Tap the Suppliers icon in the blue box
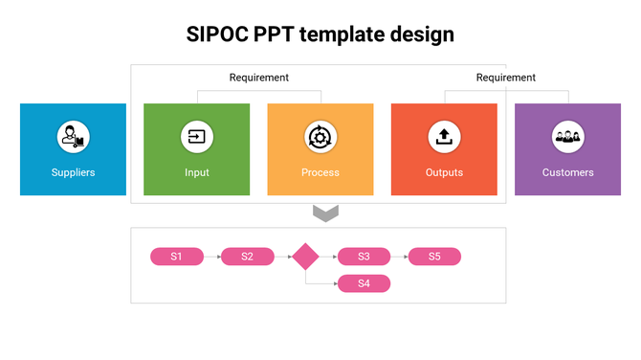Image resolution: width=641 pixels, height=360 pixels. coord(73,137)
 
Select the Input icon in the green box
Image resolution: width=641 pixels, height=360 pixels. coord(196,137)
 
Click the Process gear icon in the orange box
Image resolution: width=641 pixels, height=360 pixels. coord(320,137)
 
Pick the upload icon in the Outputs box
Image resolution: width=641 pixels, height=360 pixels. coord(443,137)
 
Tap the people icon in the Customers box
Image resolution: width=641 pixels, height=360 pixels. coord(567,137)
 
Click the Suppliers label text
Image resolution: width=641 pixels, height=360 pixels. coord(73,173)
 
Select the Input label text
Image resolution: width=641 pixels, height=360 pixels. coord(196,173)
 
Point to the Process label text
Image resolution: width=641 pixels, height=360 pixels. coord(320,173)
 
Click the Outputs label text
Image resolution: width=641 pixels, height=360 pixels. coord(444,173)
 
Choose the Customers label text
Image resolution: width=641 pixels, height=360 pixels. coord(567,173)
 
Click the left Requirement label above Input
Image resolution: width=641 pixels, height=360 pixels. coord(258,78)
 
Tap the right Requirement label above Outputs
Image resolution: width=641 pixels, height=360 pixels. coord(505,78)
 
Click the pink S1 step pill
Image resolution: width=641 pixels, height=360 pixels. coord(177,257)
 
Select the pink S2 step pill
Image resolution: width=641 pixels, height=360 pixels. coord(247,257)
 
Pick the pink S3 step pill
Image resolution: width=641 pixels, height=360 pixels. coord(364,257)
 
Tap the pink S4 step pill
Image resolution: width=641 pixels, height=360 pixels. coord(364,283)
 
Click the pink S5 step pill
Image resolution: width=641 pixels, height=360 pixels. coord(434,257)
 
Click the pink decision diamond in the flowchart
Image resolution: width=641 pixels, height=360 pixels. coord(305,257)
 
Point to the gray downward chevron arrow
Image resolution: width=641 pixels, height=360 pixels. coord(326,213)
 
